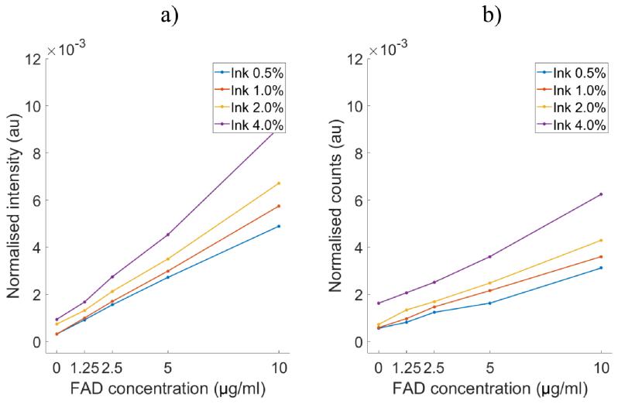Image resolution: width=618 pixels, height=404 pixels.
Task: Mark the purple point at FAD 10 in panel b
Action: (x=601, y=194)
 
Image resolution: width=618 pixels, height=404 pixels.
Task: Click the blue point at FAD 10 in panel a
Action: (x=280, y=226)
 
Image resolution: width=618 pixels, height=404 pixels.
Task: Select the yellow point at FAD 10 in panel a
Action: (x=280, y=183)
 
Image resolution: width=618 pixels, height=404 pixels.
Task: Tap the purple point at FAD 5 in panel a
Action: (x=168, y=235)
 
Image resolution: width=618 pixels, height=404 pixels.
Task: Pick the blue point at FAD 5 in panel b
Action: (x=489, y=303)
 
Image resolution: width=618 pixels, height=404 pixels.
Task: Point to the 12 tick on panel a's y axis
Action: (x=33, y=58)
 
